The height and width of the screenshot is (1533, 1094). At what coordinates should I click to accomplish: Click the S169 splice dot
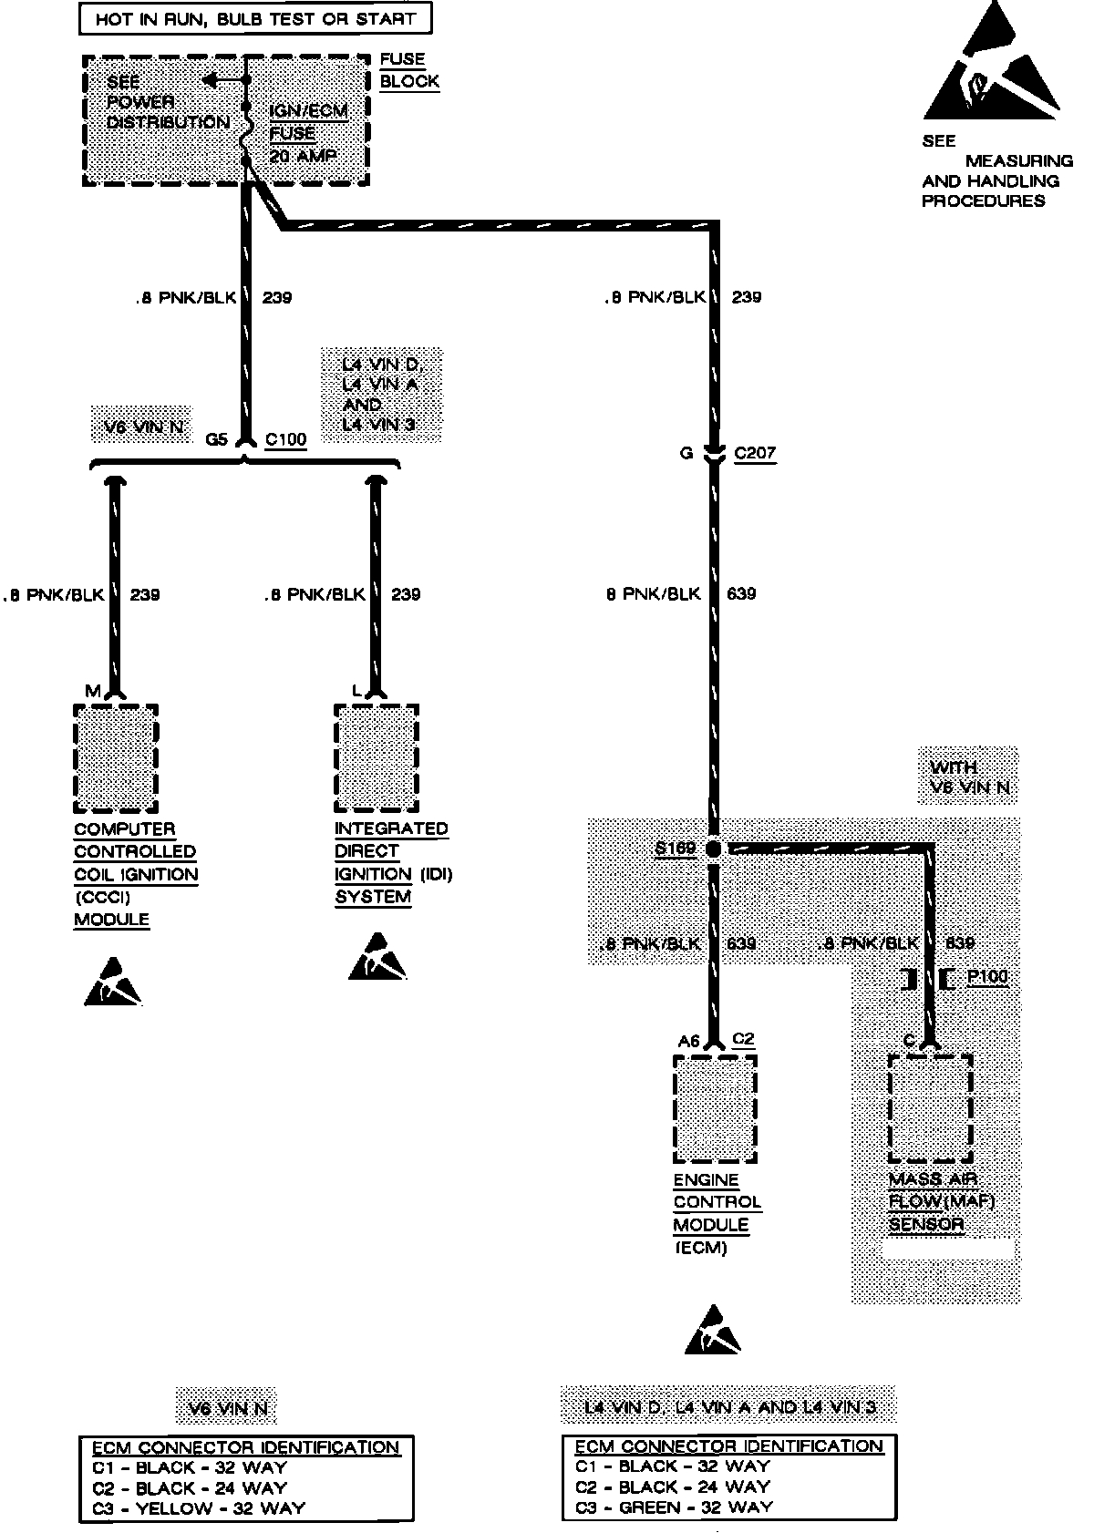tap(714, 849)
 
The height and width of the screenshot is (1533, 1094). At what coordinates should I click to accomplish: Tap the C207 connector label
tap(754, 453)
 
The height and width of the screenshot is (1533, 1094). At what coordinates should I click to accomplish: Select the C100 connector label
tap(285, 439)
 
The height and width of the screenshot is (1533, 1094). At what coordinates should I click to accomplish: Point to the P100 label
tap(987, 977)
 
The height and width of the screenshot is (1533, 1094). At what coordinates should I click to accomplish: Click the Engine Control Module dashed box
tap(715, 1108)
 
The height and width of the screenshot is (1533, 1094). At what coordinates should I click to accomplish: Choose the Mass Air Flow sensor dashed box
tap(930, 1108)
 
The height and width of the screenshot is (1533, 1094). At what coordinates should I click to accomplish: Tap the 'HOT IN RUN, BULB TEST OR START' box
tap(255, 19)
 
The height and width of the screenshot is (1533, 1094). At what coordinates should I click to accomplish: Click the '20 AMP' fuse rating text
tap(303, 156)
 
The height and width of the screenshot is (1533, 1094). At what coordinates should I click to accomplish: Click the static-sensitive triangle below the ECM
tap(713, 1331)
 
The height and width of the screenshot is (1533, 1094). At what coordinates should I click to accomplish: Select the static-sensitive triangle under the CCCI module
tap(113, 982)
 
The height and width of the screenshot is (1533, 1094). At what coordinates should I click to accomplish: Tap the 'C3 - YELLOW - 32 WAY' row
tap(198, 1507)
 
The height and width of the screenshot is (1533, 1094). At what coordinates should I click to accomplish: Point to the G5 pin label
tap(216, 439)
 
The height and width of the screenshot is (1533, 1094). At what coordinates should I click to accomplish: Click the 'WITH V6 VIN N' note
tap(968, 777)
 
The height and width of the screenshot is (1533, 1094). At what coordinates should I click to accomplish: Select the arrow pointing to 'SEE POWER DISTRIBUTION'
tap(213, 80)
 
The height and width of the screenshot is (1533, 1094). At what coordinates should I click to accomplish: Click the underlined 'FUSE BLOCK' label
tap(408, 70)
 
